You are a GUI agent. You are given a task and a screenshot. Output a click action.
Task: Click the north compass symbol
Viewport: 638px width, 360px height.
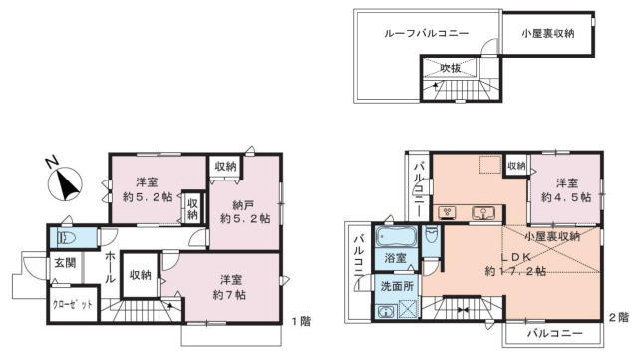coord(65,182)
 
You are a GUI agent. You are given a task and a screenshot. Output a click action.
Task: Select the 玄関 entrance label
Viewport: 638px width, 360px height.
coord(65,263)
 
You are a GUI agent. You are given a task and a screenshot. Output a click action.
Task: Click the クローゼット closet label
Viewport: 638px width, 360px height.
coord(73,304)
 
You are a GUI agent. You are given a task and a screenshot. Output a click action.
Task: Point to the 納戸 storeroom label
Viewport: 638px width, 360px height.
coord(243,204)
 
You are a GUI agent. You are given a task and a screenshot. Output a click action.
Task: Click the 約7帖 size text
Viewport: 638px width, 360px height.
coord(229,295)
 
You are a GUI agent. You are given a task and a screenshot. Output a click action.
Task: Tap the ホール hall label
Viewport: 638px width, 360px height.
coord(110,267)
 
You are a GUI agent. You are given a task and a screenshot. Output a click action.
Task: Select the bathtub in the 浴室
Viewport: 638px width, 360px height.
coord(396,237)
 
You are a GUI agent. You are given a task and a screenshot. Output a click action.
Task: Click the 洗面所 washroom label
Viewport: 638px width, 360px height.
coord(397,286)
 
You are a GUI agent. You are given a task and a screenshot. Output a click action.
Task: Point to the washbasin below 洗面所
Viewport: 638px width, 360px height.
coord(385,312)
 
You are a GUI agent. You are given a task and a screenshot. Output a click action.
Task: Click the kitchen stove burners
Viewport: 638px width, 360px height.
coord(447,212)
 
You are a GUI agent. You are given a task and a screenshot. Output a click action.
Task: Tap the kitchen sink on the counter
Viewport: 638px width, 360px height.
coord(482,213)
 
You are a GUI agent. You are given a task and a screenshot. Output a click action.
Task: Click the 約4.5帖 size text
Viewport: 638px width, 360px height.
coord(566,197)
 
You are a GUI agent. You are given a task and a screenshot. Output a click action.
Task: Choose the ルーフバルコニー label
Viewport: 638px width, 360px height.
coord(426,33)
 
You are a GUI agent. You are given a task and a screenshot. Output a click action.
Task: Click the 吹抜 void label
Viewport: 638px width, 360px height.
coord(450,68)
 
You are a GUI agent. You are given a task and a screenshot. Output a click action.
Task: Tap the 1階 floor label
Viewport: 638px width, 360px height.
coord(301,321)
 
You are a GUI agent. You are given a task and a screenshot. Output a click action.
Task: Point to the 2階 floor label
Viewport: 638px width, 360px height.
coord(618,317)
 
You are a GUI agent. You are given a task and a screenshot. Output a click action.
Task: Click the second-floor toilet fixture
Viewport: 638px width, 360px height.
coord(431,235)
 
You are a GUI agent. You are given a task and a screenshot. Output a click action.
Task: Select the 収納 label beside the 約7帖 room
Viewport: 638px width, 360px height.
coord(140,275)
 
